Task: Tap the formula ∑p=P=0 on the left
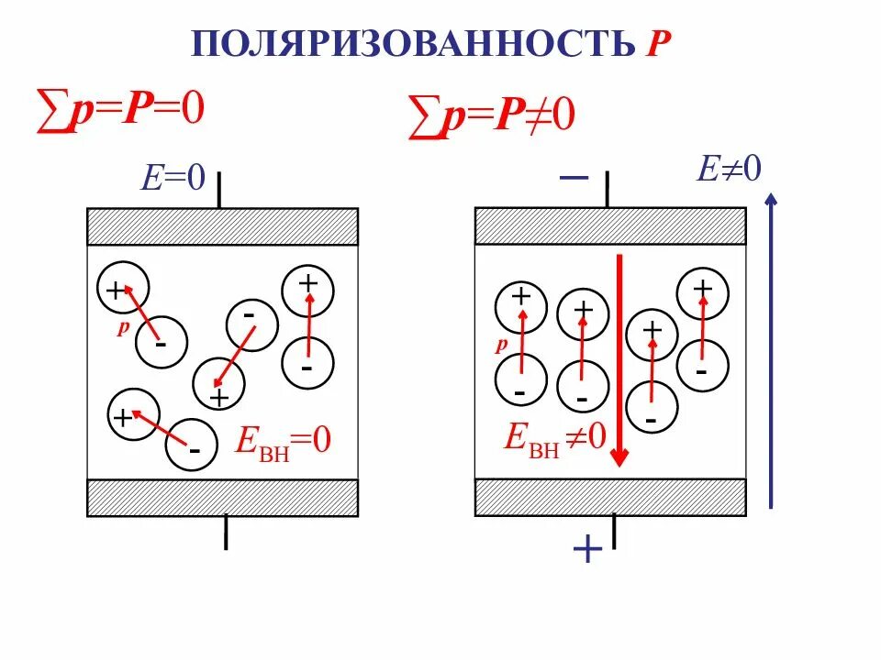click(x=119, y=109)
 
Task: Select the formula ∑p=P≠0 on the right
click(x=491, y=120)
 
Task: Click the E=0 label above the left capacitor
click(x=172, y=176)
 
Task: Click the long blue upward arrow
click(x=772, y=348)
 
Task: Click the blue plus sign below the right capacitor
click(x=586, y=550)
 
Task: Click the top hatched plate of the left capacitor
click(x=222, y=226)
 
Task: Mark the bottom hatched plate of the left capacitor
click(x=222, y=498)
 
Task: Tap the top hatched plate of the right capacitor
click(x=610, y=225)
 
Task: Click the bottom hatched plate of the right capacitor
click(x=610, y=497)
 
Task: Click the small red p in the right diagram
click(x=500, y=346)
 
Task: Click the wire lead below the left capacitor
click(x=225, y=533)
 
